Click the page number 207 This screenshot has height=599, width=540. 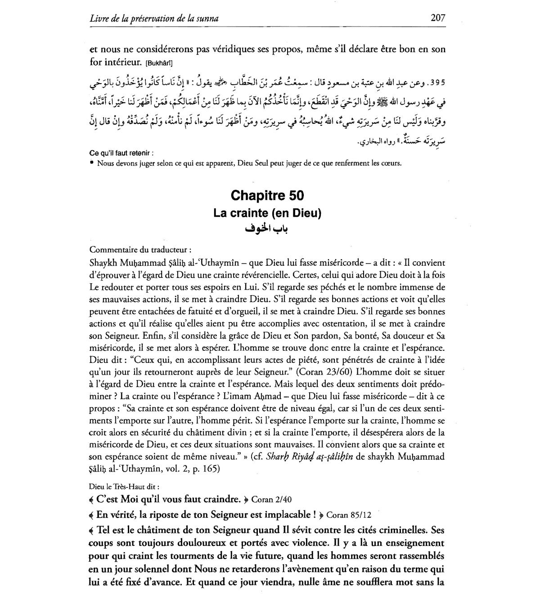(x=437, y=18)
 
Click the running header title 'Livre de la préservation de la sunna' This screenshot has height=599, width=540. (x=154, y=19)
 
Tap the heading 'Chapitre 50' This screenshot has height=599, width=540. (x=267, y=196)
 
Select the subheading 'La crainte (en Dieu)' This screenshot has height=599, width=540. (x=267, y=213)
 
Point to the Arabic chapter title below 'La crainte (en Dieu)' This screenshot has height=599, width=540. (x=267, y=229)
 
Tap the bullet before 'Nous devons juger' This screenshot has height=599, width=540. (x=92, y=163)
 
